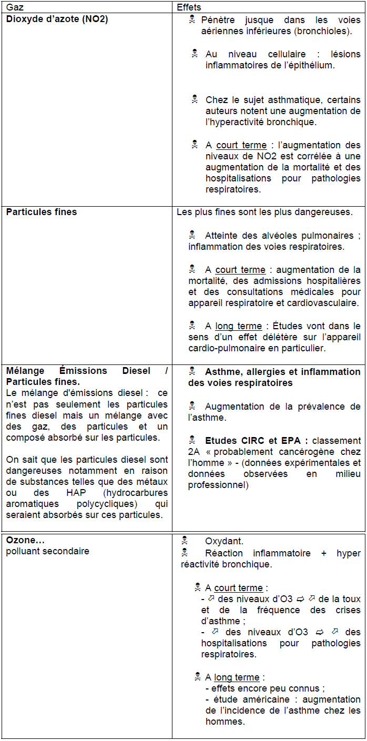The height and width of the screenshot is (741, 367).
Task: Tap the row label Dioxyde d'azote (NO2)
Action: [57, 19]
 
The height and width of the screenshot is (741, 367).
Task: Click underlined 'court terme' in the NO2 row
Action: [241, 145]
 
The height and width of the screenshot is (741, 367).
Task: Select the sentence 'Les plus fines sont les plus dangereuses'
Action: [264, 212]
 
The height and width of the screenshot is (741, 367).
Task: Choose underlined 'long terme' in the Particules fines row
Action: [238, 326]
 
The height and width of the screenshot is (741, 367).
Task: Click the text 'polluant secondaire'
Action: [47, 551]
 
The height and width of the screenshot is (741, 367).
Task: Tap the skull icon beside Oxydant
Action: [185, 540]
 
